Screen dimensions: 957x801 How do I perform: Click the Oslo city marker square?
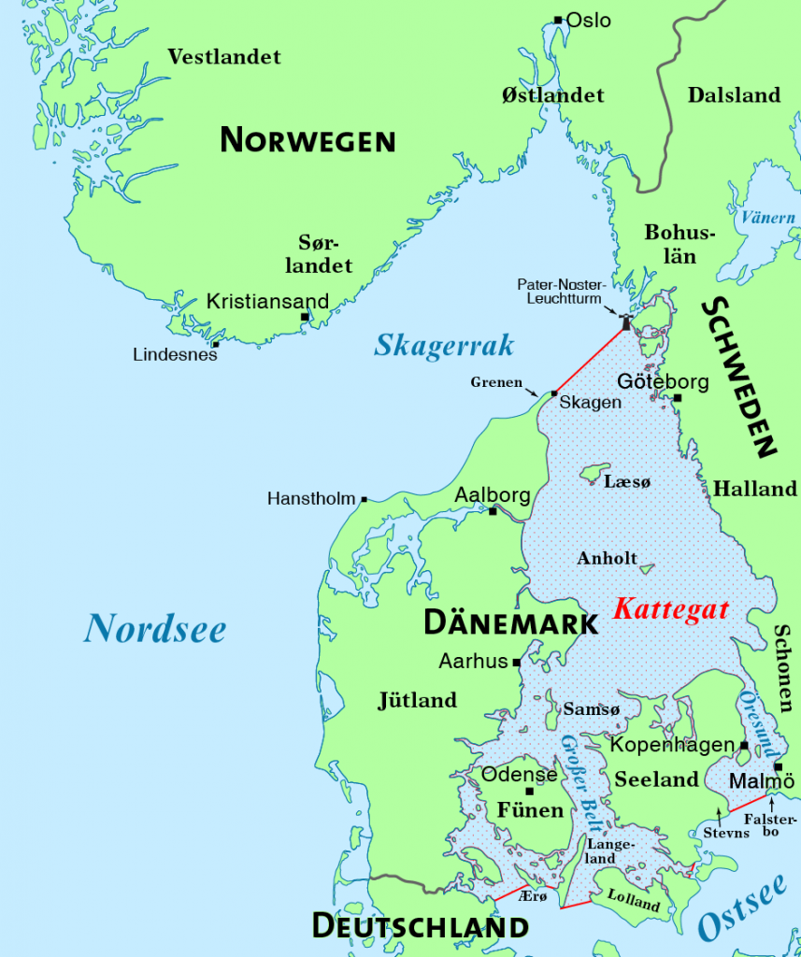(x=558, y=20)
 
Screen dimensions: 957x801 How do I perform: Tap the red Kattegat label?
(x=671, y=610)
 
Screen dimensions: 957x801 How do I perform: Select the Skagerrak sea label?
(x=444, y=346)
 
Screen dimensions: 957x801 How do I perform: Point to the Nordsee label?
(x=154, y=628)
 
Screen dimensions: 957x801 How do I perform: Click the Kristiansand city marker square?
(x=305, y=317)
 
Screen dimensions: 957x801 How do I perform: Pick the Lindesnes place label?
(x=175, y=355)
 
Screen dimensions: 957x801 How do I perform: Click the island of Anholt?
(x=645, y=567)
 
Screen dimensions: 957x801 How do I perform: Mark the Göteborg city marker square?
(x=678, y=398)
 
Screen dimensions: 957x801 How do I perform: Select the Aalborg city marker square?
(x=493, y=511)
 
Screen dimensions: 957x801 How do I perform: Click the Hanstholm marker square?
(x=364, y=499)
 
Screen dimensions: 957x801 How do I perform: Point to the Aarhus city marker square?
(x=516, y=662)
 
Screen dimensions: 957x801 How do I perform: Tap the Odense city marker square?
(x=529, y=792)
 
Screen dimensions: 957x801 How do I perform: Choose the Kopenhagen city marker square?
(x=744, y=745)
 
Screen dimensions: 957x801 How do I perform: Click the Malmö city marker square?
(x=778, y=767)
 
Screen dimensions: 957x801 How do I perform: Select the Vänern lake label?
(x=767, y=218)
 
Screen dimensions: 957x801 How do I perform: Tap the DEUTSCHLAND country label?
(x=420, y=927)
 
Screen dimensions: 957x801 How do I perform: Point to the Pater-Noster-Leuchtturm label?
(x=563, y=291)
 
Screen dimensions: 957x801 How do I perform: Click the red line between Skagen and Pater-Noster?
(x=590, y=360)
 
